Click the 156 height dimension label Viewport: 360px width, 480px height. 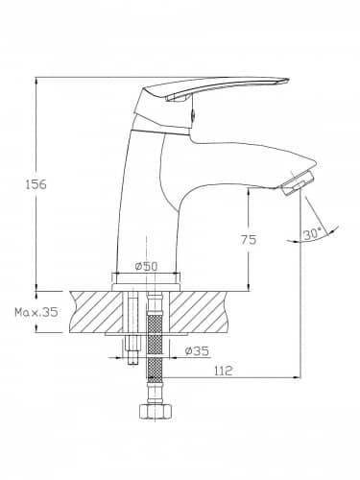tap(36, 184)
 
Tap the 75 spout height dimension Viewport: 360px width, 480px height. tap(249, 239)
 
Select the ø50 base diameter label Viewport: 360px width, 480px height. tap(146, 266)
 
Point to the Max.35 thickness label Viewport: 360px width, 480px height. tap(36, 312)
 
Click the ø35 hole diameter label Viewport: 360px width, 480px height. tap(197, 351)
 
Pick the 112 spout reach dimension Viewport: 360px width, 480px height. tap(223, 371)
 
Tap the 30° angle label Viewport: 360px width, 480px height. tap(313, 233)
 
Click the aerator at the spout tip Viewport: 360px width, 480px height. tap(297, 183)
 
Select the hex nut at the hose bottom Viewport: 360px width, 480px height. tap(155, 412)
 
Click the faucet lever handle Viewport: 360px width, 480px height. tap(211, 89)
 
